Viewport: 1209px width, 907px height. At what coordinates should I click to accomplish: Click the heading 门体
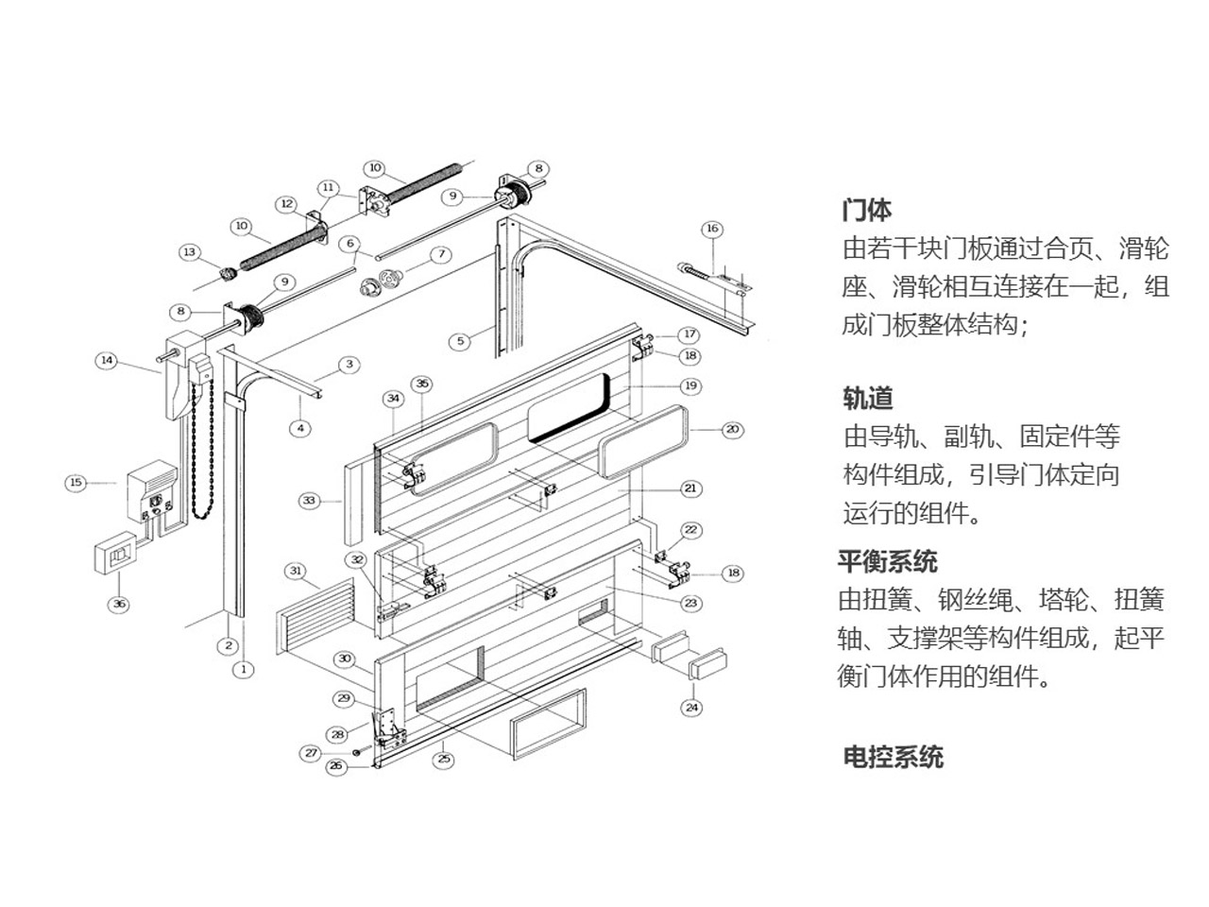(x=866, y=210)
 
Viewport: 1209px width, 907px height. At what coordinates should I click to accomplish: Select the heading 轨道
(x=867, y=398)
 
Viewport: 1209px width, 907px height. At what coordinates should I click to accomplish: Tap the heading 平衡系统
(x=887, y=561)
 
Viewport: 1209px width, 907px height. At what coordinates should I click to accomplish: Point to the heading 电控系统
(x=893, y=757)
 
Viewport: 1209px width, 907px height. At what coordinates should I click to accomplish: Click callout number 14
(x=108, y=360)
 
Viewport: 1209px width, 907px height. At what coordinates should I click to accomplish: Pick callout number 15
(x=77, y=483)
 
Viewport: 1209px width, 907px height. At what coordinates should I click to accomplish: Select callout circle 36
(x=118, y=605)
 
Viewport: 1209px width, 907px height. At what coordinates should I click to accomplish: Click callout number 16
(x=712, y=229)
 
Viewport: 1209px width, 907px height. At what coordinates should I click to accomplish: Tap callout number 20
(x=732, y=430)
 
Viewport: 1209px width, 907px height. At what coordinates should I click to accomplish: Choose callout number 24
(x=692, y=707)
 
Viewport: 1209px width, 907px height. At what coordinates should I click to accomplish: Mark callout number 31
(x=297, y=571)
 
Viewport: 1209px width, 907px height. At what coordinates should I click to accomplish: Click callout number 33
(x=309, y=501)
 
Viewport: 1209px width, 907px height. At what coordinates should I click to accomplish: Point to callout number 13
(x=190, y=251)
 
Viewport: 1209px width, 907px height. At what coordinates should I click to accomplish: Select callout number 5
(x=460, y=340)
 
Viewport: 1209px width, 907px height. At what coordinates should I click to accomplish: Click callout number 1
(x=244, y=669)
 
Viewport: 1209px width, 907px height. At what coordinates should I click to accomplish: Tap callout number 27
(x=311, y=753)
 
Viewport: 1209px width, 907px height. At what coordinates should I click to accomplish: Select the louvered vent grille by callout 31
(x=318, y=621)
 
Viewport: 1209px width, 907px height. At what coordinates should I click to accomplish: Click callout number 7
(x=441, y=254)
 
